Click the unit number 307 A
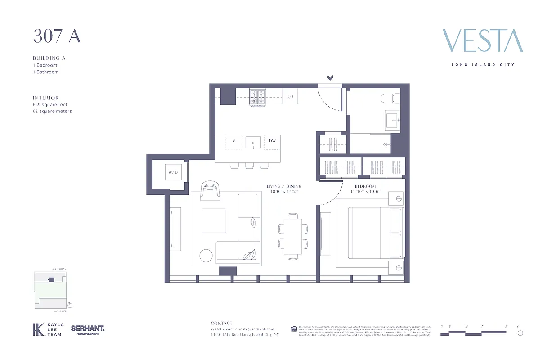(57, 36)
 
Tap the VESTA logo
(483, 41)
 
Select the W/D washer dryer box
(173, 172)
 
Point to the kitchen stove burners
(258, 97)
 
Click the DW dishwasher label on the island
(272, 141)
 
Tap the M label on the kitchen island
(234, 141)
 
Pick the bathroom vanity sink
(392, 121)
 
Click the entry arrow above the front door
(330, 78)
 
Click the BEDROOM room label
(365, 186)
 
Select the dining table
(293, 236)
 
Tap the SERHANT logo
(88, 329)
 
